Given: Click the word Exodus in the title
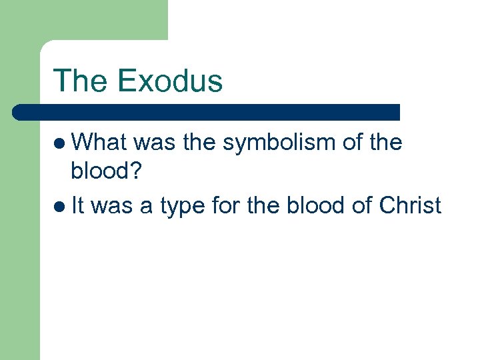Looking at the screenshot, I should click(169, 81).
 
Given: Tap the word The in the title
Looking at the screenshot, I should click(81, 81).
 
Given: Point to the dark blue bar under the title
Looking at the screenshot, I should click(207, 112).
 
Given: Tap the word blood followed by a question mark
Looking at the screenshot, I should click(100, 172).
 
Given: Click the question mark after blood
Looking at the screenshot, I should click(137, 172).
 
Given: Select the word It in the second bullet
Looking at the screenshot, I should click(79, 205).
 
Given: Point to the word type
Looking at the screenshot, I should click(181, 207).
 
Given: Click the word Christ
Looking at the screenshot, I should click(409, 205).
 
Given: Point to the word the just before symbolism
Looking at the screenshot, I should click(199, 142).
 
